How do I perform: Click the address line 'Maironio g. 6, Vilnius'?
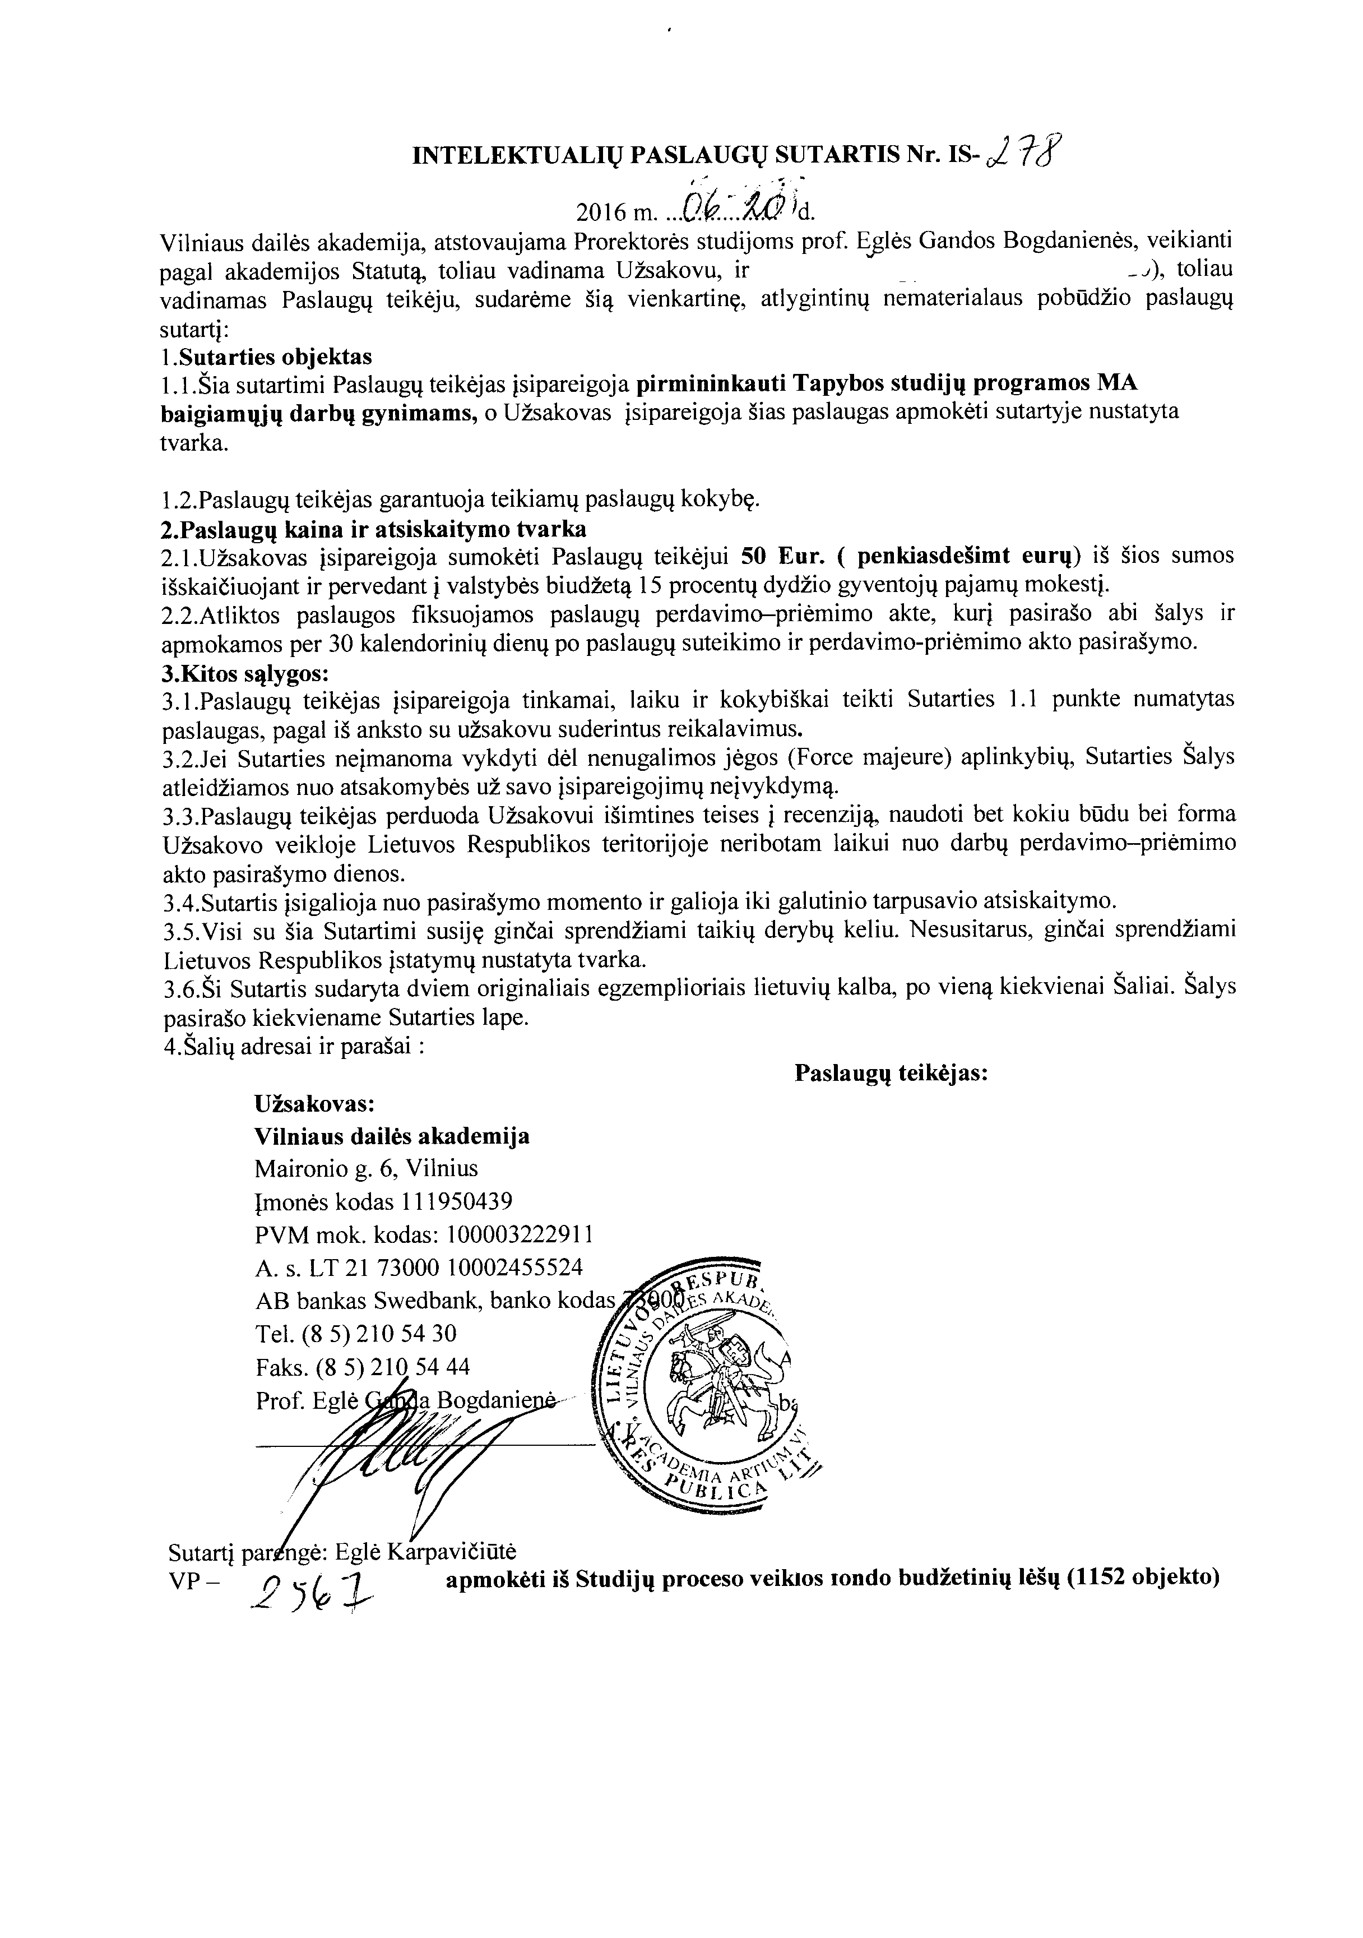367,1168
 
